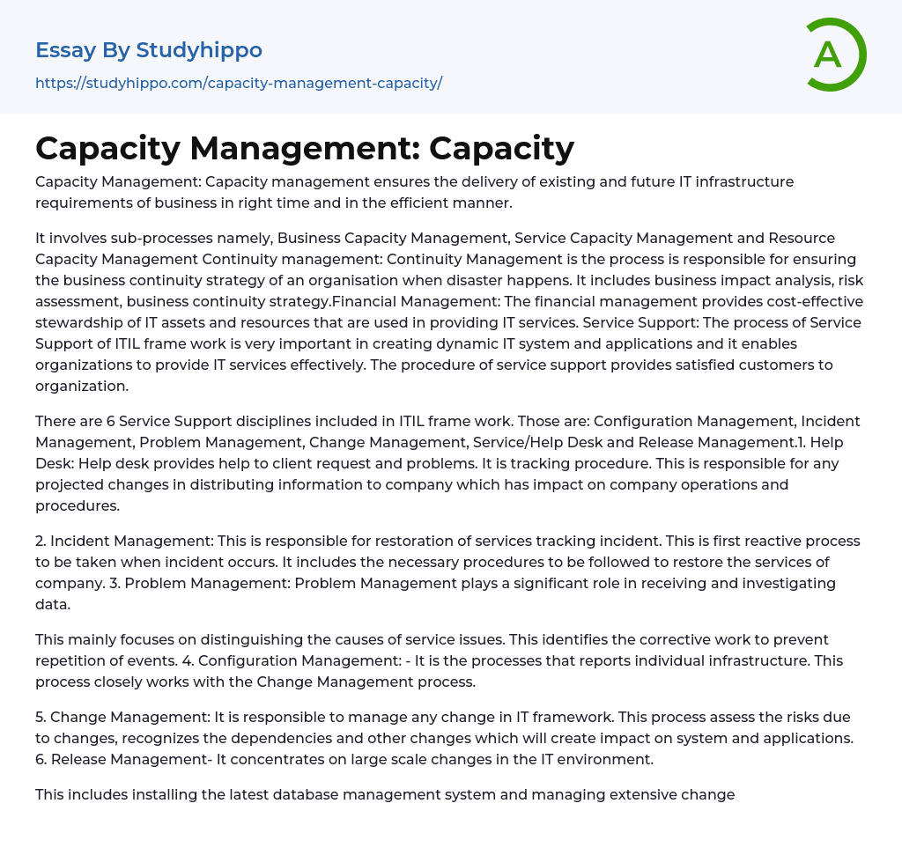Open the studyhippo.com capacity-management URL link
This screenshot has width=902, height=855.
(x=238, y=83)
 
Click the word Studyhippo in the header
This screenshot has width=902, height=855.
(x=199, y=50)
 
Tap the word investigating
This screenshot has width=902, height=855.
(x=780, y=583)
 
